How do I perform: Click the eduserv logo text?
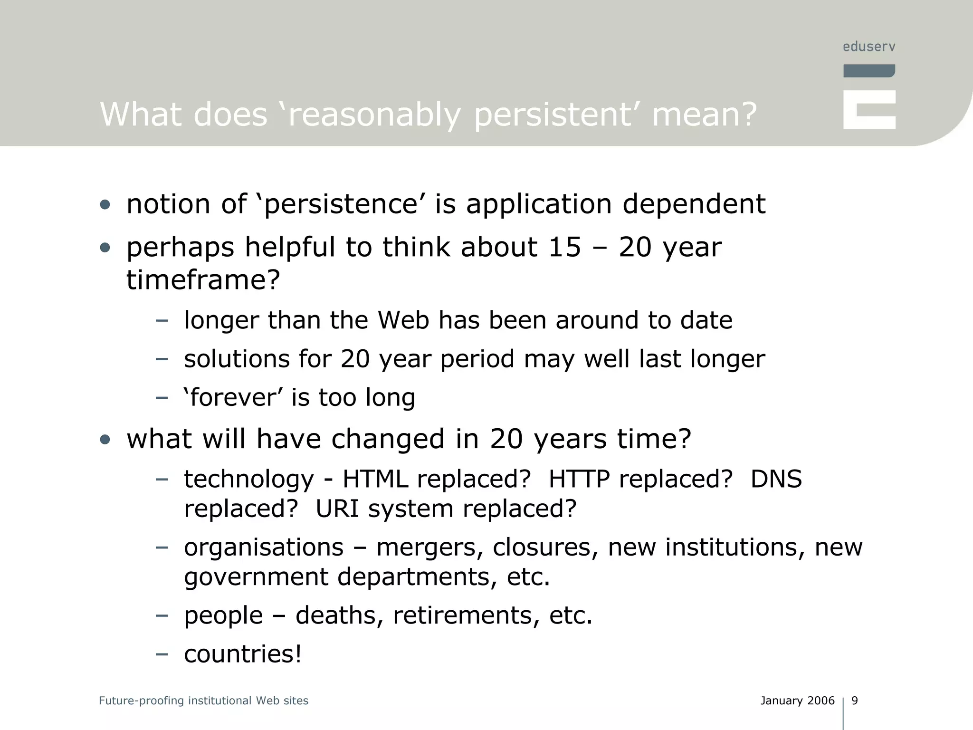point(869,47)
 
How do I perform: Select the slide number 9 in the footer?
point(855,701)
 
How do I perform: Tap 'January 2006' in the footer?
point(797,701)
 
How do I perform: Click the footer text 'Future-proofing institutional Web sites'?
point(203,701)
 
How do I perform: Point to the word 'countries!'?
point(243,653)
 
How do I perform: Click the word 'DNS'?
point(776,479)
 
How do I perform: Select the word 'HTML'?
point(375,479)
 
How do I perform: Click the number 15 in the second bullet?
point(564,247)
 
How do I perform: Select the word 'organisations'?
point(264,547)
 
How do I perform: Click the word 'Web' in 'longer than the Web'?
point(403,320)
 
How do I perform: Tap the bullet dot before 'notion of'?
point(105,205)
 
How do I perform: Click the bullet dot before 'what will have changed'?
point(105,440)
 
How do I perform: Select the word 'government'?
point(256,577)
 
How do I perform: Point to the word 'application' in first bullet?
point(539,204)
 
